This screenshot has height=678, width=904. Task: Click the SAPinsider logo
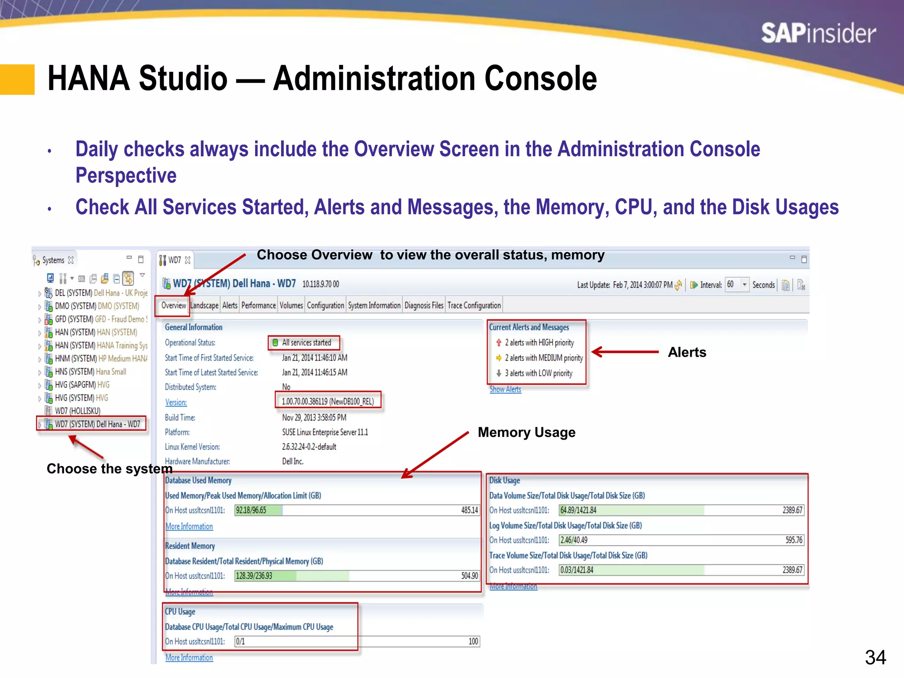click(818, 34)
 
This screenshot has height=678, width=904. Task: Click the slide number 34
click(875, 657)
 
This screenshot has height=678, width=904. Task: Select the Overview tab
click(173, 305)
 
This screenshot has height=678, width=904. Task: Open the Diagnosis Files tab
click(424, 305)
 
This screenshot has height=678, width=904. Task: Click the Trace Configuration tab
click(474, 305)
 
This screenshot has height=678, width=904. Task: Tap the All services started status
click(306, 343)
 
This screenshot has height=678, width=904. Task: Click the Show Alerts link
click(505, 389)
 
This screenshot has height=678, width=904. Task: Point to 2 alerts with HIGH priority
click(539, 343)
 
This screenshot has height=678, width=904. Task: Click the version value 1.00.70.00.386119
click(328, 402)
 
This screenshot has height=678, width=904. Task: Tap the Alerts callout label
click(687, 352)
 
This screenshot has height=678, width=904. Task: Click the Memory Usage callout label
click(526, 432)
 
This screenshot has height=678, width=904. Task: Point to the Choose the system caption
click(109, 468)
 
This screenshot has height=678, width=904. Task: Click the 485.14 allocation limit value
click(469, 510)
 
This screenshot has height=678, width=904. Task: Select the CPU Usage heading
click(180, 612)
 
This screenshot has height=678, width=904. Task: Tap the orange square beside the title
click(17, 80)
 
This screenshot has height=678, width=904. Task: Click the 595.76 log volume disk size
click(794, 540)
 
